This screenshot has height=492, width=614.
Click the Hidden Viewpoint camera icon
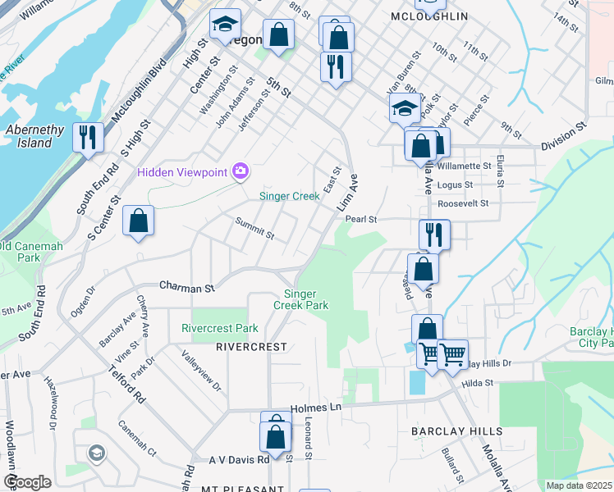coord(241,171)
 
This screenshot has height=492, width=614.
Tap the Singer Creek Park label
coord(306,299)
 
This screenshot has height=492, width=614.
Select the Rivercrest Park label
coord(219,328)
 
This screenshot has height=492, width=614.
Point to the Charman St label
coord(186,288)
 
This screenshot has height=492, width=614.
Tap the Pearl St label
coord(360,219)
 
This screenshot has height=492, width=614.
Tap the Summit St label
coord(254,229)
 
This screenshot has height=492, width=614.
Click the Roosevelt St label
coord(463,203)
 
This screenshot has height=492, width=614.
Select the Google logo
coord(27,482)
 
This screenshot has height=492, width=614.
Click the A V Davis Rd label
coord(239,460)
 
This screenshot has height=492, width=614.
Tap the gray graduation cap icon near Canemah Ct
coord(96,453)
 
